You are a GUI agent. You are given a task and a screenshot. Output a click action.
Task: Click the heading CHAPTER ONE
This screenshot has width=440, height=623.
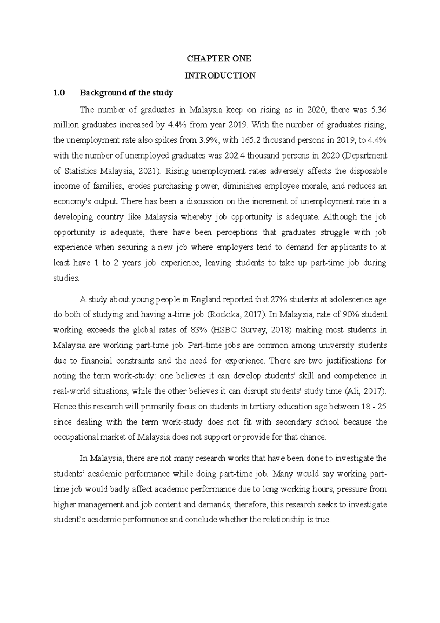tap(219, 59)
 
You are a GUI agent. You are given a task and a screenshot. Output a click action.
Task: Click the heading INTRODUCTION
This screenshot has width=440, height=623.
tap(220, 76)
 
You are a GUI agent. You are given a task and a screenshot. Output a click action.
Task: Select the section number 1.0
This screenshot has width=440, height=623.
tap(58, 93)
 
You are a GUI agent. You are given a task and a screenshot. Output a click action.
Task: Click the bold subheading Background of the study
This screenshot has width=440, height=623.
tap(126, 93)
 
